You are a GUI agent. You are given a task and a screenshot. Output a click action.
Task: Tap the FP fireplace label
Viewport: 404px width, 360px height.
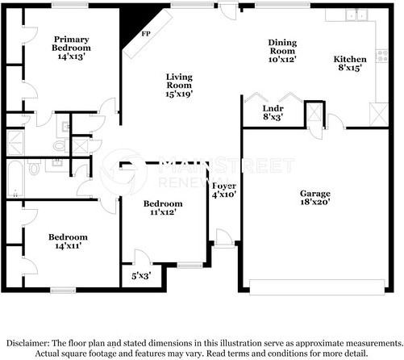pos(146,34)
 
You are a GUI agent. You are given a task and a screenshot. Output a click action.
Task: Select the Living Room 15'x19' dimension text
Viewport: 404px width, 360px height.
pos(179,94)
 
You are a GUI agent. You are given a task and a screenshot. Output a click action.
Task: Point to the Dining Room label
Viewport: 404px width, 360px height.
pos(282,47)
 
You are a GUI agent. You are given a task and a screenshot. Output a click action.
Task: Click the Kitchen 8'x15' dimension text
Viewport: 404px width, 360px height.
pos(349,68)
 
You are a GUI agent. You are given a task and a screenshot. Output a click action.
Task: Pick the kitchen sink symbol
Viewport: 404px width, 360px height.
pos(356,15)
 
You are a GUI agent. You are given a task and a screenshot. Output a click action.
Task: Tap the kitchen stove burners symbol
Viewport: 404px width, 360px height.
pos(382,56)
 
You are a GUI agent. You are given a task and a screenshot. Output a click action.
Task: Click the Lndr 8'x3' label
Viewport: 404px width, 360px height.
pos(273,112)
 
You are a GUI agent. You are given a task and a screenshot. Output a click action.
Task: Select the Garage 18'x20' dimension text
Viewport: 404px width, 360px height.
pos(315,202)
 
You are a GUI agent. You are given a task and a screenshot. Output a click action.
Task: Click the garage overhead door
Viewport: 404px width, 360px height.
pos(317,287)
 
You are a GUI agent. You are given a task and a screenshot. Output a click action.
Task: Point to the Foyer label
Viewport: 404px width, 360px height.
pos(224,186)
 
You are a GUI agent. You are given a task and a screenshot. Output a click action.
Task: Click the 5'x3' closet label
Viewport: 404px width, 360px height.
pos(141,276)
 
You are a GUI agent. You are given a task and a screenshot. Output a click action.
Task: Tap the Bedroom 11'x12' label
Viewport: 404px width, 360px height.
pos(163,207)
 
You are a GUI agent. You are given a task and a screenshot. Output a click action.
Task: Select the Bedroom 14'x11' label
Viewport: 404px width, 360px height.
pos(68,241)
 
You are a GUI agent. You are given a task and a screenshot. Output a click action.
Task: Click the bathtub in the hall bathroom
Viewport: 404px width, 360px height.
pos(15,179)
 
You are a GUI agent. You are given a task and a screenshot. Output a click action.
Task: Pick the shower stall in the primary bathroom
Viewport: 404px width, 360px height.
pos(15,143)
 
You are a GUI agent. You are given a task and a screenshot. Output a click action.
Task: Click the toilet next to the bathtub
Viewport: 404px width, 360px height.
pos(34,167)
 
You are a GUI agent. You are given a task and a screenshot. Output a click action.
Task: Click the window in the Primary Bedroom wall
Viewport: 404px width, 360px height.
pos(70,6)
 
